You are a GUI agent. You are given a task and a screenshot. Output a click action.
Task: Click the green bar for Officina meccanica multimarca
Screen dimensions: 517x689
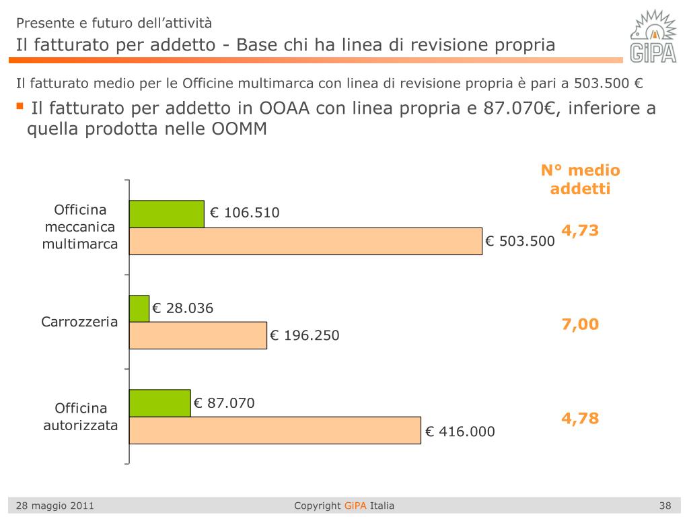pyautogui.click(x=166, y=214)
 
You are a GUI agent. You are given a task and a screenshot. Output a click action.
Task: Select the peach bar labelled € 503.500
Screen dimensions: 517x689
pyautogui.click(x=305, y=241)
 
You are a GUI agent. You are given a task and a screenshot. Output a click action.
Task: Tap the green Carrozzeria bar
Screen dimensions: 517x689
pyautogui.click(x=139, y=308)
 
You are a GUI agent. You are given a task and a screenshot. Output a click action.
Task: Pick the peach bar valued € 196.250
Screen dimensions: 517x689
pyautogui.click(x=198, y=335)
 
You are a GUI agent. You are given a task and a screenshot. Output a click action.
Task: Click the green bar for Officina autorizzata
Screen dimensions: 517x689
pyautogui.click(x=159, y=403)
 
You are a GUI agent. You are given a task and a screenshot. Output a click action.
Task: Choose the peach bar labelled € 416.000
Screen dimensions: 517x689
pyautogui.click(x=275, y=430)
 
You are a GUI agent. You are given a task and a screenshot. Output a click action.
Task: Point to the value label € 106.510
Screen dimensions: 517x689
pyautogui.click(x=244, y=213)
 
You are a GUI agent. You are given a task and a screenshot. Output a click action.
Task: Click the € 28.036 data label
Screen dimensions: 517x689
pyautogui.click(x=183, y=309)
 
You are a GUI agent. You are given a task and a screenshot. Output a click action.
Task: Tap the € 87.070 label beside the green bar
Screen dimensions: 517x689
pyautogui.click(x=224, y=403)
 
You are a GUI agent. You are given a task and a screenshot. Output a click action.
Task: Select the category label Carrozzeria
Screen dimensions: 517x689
pyautogui.click(x=79, y=322)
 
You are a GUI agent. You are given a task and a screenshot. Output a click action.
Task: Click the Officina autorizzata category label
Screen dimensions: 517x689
pyautogui.click(x=81, y=417)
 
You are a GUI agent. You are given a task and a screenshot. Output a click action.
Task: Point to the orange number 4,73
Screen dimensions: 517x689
pyautogui.click(x=580, y=230)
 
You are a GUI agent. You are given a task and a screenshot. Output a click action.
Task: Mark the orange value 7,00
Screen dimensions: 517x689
pyautogui.click(x=580, y=324)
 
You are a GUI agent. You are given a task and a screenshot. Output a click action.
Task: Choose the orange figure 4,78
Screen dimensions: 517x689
pyautogui.click(x=580, y=419)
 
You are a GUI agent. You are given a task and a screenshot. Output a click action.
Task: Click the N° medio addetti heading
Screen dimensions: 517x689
pyautogui.click(x=580, y=179)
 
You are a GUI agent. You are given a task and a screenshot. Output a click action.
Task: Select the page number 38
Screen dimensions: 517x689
pyautogui.click(x=665, y=506)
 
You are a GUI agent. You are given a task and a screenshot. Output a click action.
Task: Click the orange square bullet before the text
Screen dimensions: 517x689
pyautogui.click(x=20, y=106)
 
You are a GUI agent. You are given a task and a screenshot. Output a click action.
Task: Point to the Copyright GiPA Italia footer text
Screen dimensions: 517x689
pyautogui.click(x=344, y=506)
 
